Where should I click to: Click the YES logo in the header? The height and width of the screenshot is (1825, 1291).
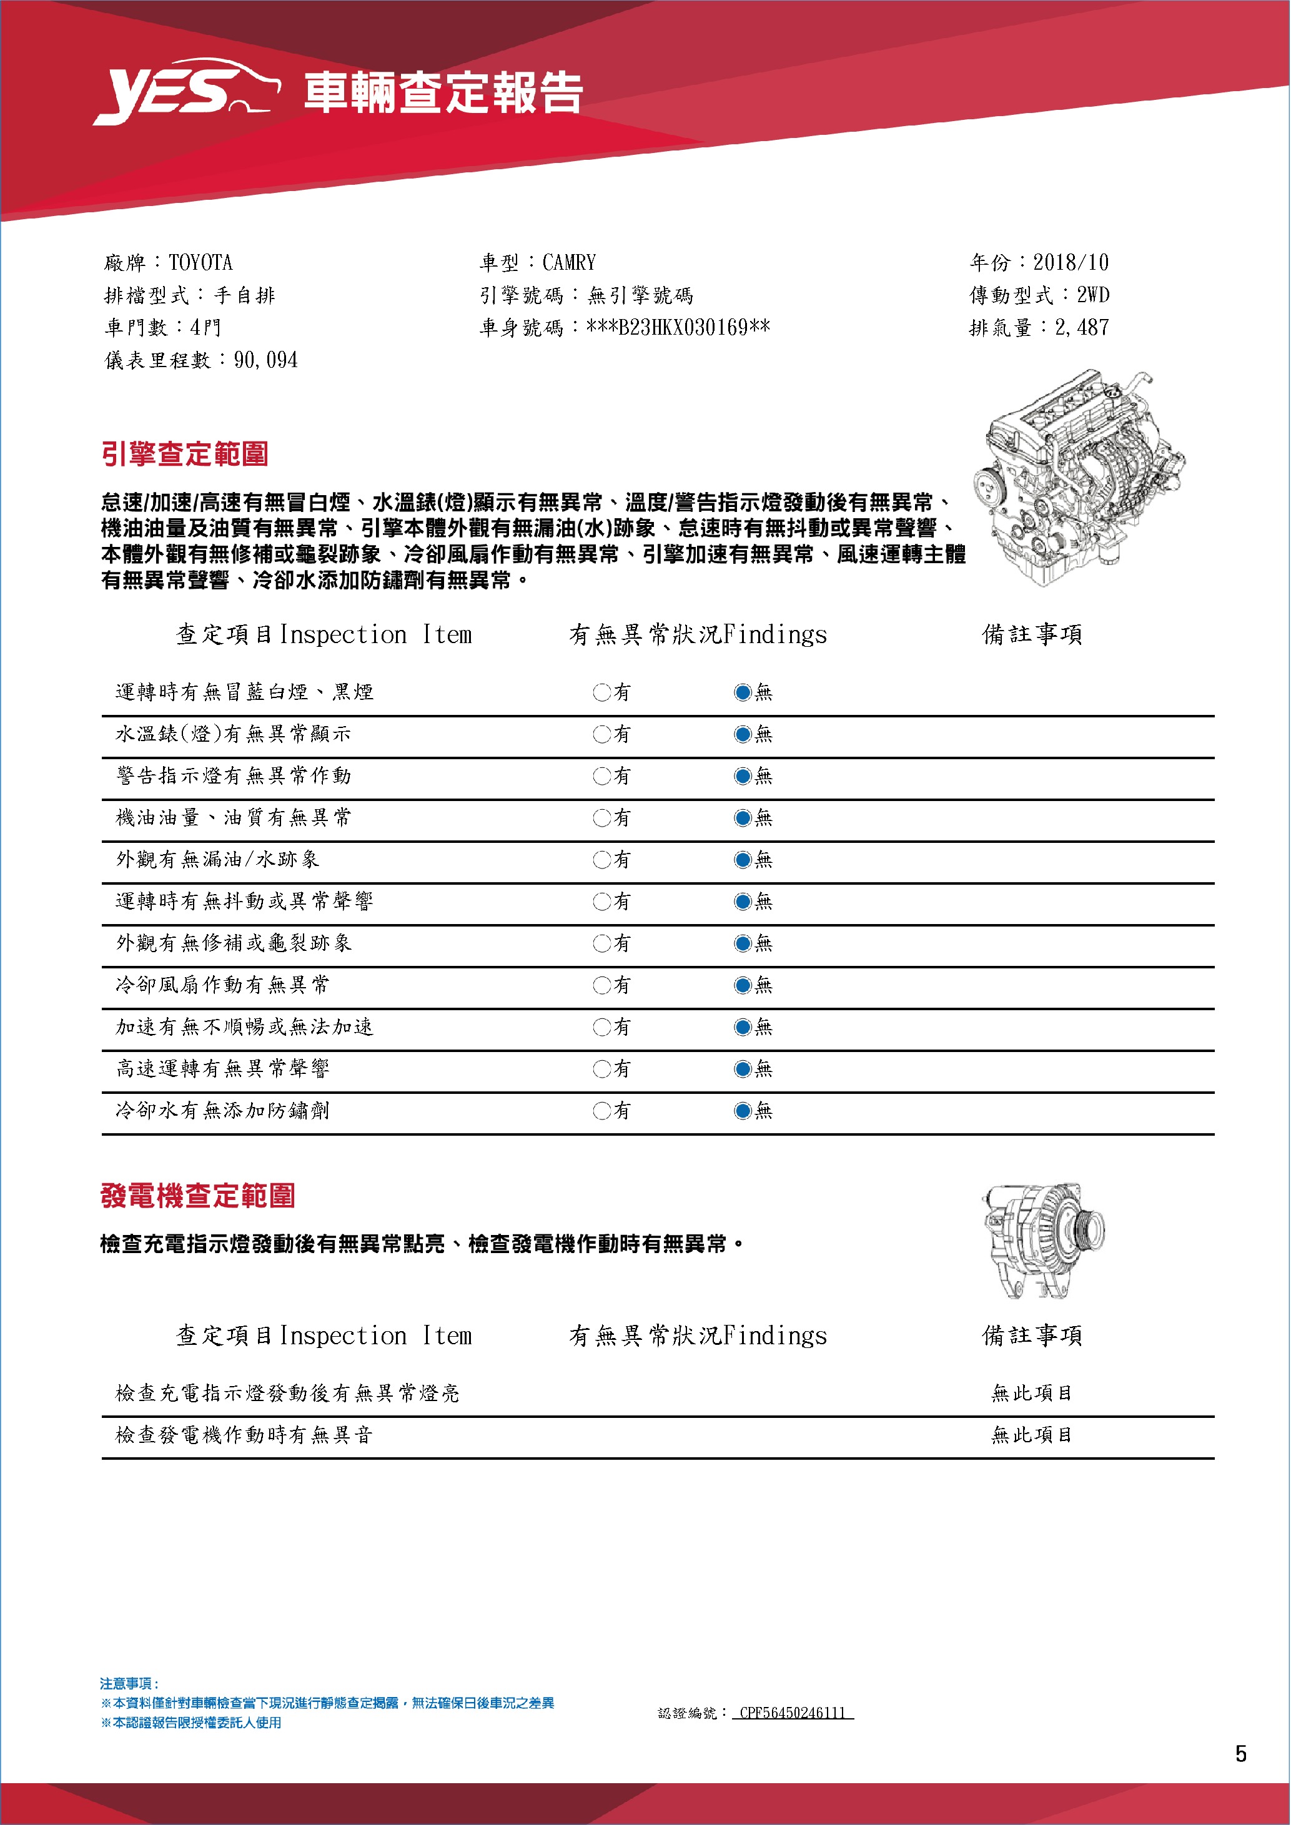tap(186, 91)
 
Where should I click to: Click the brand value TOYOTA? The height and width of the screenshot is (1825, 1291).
tap(200, 262)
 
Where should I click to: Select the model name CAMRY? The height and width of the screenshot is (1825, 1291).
tap(568, 262)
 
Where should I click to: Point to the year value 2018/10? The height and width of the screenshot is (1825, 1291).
tap(1070, 262)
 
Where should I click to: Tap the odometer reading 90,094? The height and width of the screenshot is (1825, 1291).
tap(265, 360)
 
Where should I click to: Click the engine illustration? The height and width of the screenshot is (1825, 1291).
tap(1077, 477)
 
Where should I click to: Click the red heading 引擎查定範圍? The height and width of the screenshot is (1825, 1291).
tap(184, 454)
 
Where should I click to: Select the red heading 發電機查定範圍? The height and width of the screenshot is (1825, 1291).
tap(197, 1196)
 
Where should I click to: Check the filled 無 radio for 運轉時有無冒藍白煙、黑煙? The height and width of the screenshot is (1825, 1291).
tap(743, 692)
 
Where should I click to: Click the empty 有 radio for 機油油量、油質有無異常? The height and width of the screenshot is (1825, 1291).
tap(601, 818)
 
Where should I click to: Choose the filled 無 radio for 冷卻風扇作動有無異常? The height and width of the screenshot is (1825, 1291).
tap(743, 986)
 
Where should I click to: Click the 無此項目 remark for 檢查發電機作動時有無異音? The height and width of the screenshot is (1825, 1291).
tap(1031, 1435)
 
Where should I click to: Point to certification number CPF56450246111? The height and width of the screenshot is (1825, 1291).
tap(792, 1713)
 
